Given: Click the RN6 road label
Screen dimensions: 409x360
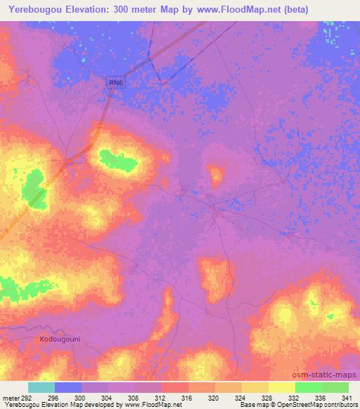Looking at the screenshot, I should [x=117, y=83].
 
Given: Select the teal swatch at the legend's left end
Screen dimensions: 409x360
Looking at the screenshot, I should [x=41, y=387].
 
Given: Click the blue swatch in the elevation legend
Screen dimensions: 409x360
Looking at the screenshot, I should [x=68, y=387].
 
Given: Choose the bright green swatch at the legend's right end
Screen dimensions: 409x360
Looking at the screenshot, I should [x=335, y=387].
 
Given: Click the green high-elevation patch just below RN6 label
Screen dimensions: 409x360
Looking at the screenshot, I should [x=117, y=161].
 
